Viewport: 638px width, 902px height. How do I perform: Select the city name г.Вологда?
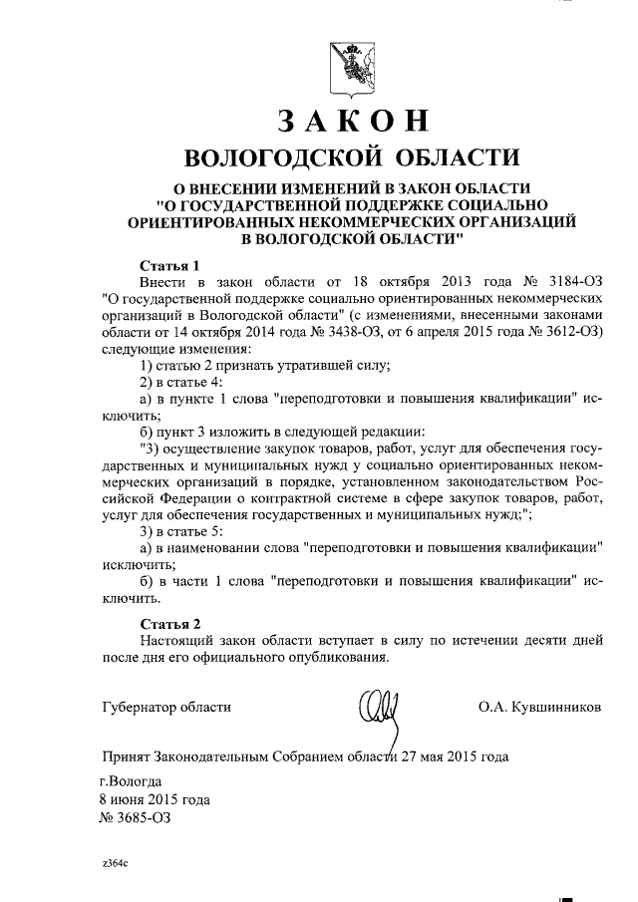point(130,781)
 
